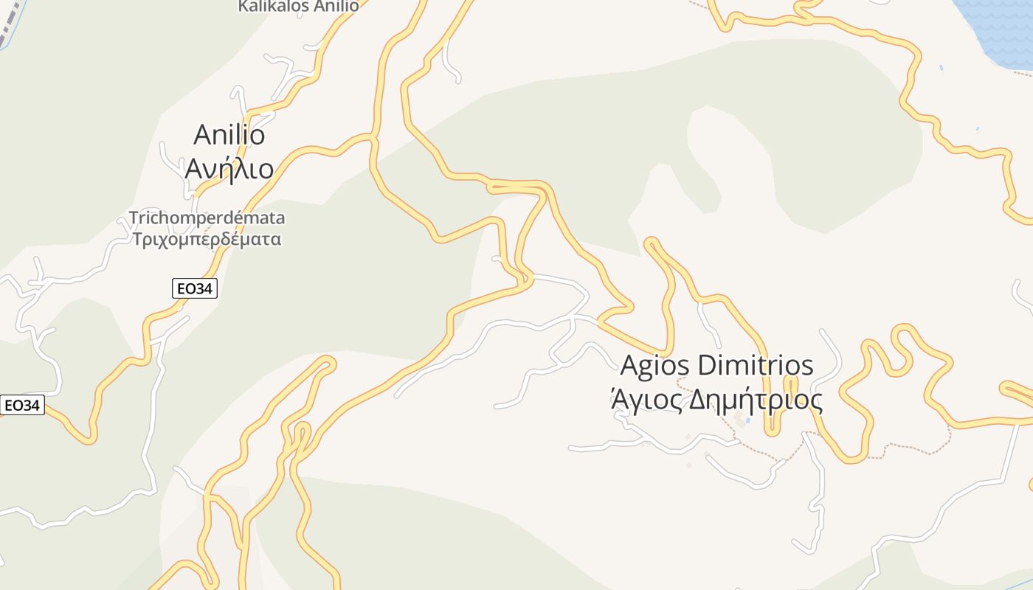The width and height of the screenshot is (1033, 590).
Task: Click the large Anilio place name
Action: pos(229,135)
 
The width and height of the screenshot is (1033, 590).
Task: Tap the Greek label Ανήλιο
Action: pos(229,169)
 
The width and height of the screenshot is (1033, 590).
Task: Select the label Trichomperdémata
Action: pos(207,218)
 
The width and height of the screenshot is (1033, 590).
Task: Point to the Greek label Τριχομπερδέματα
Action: pos(207,240)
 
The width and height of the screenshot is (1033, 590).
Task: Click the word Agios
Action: pos(655,365)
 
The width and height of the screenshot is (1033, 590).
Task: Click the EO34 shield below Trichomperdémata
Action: pos(195,288)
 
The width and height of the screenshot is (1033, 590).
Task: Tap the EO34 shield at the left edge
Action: pos(22,405)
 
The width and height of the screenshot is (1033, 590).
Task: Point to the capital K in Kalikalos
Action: pos(243,6)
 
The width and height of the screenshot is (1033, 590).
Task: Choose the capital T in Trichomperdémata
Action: pos(134,218)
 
